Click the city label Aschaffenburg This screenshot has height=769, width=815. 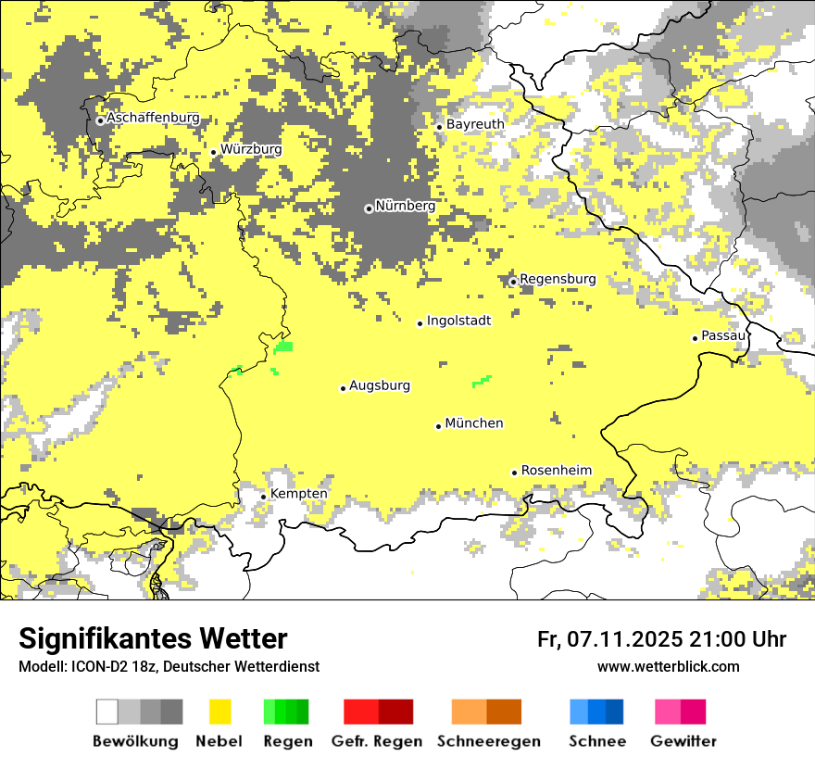pos(153,119)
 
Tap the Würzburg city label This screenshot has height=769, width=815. pos(251,149)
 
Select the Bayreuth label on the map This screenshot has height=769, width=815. pos(475,124)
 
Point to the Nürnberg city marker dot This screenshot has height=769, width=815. pos(369,208)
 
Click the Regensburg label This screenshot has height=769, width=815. pos(558,279)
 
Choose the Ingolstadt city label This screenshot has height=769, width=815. pos(458,321)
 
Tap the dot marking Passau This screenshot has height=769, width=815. pos(695,338)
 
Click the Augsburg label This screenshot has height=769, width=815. pos(380,385)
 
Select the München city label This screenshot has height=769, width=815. pos(474,423)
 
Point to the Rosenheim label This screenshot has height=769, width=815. pos(556,471)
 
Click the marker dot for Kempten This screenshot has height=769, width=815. pos(263,497)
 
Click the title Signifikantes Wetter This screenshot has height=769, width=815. pos(153,638)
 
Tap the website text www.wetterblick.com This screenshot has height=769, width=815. pos(668,666)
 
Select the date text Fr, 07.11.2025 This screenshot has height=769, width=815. pos(609,639)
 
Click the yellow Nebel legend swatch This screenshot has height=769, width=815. pos(219,712)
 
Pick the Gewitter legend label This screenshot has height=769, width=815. pos(683,741)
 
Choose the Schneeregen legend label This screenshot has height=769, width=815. pos(488,741)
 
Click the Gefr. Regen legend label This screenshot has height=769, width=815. pos(376,741)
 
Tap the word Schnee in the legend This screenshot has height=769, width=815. pos(596,741)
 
